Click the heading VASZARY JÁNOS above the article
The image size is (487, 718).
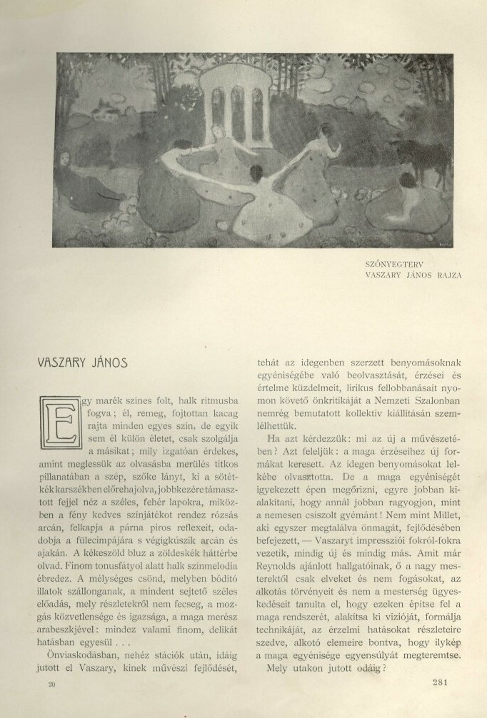point(81,362)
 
